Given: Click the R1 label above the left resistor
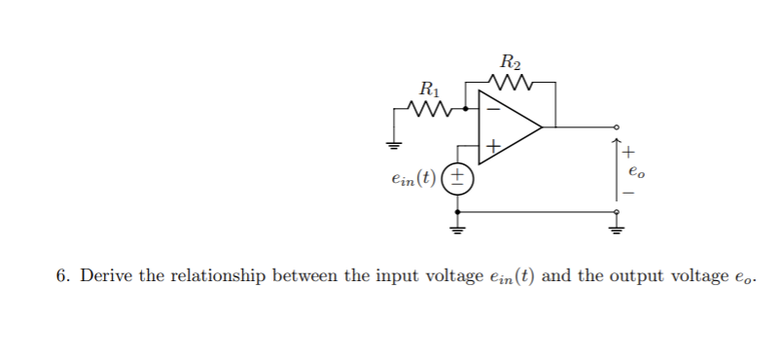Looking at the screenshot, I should point(425,90).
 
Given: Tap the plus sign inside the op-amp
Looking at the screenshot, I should point(493,147).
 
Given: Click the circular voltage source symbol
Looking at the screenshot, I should point(458,179).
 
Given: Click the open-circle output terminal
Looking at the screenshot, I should point(615,127).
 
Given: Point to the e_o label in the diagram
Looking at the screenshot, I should point(634,173).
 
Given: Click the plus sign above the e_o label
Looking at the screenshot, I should point(629,152).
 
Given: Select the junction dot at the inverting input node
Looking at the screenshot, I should point(466,109).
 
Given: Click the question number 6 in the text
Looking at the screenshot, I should point(60,276).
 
